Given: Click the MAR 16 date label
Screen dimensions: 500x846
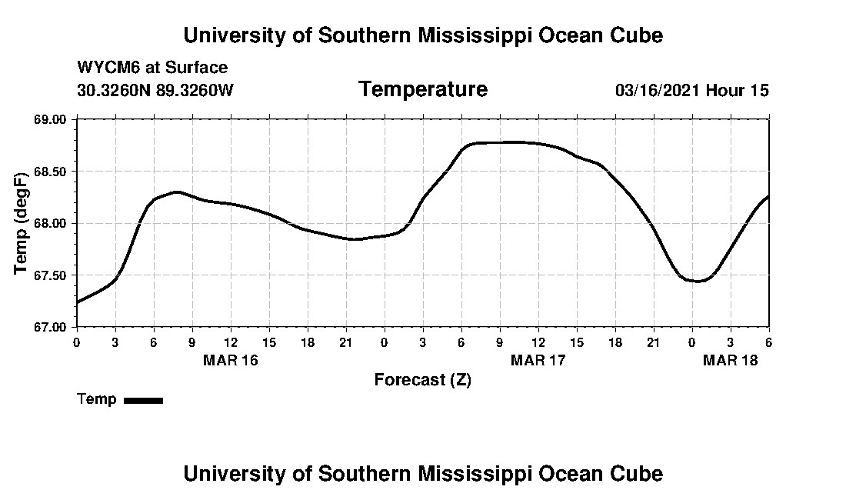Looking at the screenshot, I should [x=231, y=361].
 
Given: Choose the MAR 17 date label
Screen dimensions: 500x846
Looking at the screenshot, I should [x=538, y=361].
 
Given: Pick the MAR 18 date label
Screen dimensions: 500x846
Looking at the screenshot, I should [x=731, y=361].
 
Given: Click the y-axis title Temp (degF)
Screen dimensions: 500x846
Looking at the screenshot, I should [x=22, y=223].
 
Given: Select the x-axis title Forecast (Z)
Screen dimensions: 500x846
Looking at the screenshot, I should [x=422, y=380].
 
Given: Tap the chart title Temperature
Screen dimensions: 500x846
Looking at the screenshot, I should [x=422, y=90].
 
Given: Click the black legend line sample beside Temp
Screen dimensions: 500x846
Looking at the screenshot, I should [x=143, y=400].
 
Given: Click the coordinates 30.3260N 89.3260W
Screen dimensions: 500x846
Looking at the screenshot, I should [x=155, y=90].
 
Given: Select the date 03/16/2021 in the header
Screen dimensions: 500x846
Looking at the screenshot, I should [x=658, y=90].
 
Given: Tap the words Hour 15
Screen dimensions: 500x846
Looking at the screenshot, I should [x=738, y=90].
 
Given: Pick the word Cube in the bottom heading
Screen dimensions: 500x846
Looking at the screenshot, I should [x=641, y=473].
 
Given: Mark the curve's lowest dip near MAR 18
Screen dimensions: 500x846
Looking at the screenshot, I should [x=698, y=282].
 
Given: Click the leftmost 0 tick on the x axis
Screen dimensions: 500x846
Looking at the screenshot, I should [x=76, y=342].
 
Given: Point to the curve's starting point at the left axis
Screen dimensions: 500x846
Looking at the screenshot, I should [x=77, y=302].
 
